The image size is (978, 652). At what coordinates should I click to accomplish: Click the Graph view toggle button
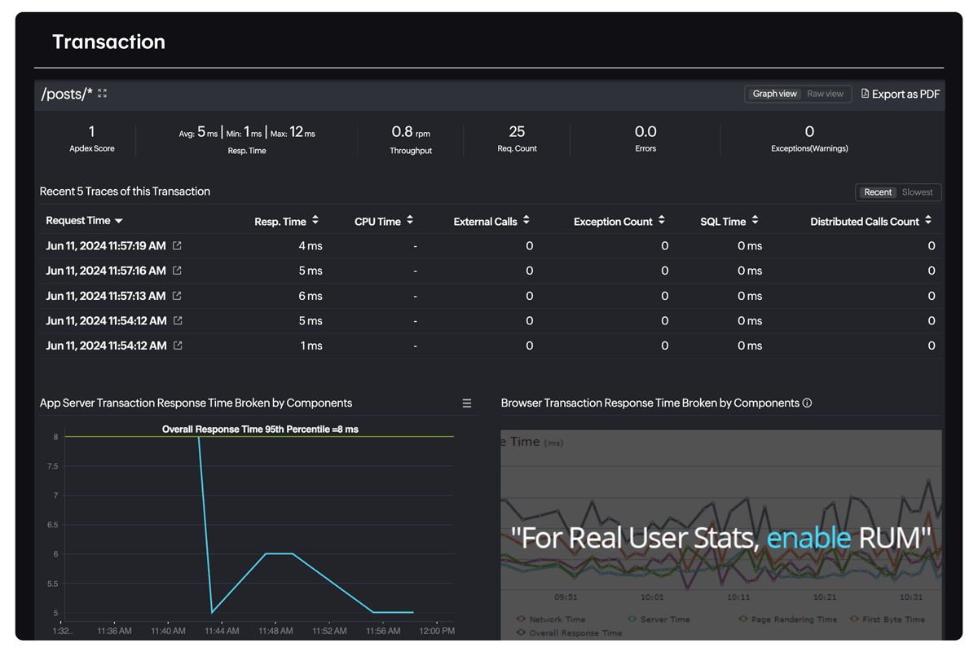(x=774, y=94)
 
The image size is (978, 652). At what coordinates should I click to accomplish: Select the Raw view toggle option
(x=825, y=94)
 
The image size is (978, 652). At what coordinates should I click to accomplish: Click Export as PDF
(x=901, y=94)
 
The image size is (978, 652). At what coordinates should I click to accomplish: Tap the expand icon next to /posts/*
(x=103, y=94)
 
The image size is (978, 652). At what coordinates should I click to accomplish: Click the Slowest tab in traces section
(x=917, y=192)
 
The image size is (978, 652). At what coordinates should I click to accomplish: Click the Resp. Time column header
(x=280, y=221)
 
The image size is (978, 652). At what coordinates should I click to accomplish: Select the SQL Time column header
(x=723, y=221)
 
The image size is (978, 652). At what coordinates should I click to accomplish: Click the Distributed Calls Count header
(x=864, y=221)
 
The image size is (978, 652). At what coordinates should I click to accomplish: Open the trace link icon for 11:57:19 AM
(x=177, y=245)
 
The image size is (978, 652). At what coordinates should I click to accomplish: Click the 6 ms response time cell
(x=311, y=296)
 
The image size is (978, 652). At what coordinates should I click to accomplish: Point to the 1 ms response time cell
(x=311, y=346)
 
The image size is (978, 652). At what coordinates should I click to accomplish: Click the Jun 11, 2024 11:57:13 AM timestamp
(x=106, y=296)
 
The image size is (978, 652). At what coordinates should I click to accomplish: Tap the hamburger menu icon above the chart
(x=467, y=403)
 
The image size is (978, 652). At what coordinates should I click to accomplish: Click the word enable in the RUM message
(x=808, y=537)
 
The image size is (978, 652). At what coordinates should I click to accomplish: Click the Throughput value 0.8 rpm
(x=410, y=132)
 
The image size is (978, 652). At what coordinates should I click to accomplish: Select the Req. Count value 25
(x=517, y=131)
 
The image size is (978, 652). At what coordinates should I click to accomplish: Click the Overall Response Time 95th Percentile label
(x=260, y=429)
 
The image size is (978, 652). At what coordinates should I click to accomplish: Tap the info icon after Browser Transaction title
(x=807, y=403)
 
